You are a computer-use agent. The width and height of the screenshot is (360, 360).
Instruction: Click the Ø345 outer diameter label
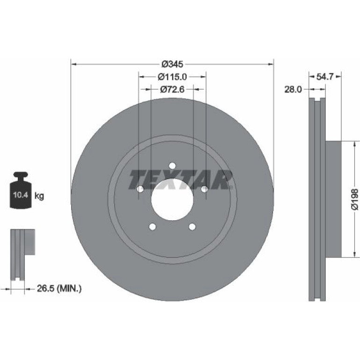coord(172,64)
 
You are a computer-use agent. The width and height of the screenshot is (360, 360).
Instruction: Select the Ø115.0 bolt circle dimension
coord(172,77)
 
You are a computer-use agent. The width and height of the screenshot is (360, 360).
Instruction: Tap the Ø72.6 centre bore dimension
coord(172,89)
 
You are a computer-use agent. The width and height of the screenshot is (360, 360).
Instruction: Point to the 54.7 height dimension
coord(325,77)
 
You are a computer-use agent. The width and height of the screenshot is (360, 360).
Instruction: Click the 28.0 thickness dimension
coord(293,89)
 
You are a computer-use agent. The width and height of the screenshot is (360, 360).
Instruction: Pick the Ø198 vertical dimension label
coord(355,199)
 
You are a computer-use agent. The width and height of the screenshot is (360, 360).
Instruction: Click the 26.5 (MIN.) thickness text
coord(59,288)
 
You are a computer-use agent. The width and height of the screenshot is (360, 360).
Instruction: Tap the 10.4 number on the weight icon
coord(21,195)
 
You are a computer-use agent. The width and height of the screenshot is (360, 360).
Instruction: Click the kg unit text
coord(39,196)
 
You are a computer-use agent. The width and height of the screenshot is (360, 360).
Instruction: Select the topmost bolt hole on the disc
coord(172,166)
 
